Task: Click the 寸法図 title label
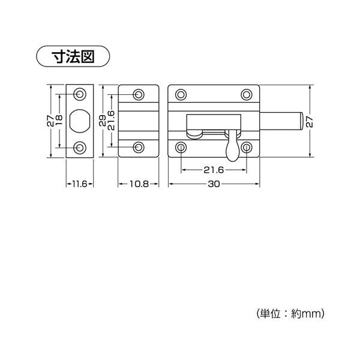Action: (x=73, y=56)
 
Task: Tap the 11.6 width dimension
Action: (x=80, y=184)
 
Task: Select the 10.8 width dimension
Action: (x=139, y=184)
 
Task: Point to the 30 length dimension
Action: (x=214, y=184)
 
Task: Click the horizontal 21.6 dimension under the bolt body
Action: (x=214, y=170)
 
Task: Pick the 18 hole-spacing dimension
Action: (x=59, y=121)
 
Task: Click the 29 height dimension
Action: (x=103, y=121)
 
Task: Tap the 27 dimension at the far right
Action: (x=310, y=122)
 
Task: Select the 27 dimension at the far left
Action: (x=50, y=121)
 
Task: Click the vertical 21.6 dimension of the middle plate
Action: (x=111, y=121)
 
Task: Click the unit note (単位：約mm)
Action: (x=290, y=313)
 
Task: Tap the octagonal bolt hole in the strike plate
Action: (x=80, y=121)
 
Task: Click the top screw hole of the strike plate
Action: (x=80, y=94)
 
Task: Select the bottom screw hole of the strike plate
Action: (x=80, y=148)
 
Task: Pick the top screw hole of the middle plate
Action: (x=139, y=94)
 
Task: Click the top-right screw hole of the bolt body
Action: (x=247, y=94)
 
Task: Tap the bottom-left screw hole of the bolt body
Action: (x=181, y=148)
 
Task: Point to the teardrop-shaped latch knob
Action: (x=233, y=149)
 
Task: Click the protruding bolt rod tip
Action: (x=302, y=122)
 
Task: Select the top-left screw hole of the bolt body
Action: (x=181, y=94)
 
